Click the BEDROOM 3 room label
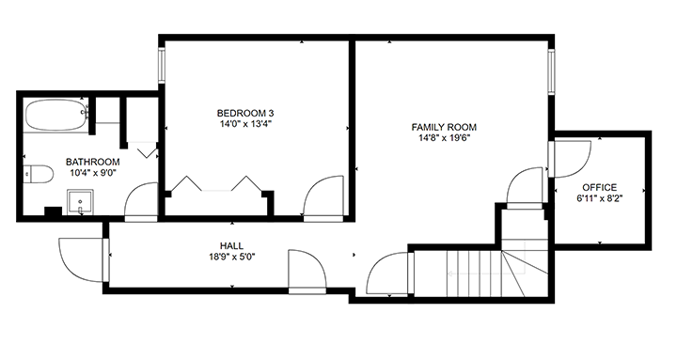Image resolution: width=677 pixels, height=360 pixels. point(244,114)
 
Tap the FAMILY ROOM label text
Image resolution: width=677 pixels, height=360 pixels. point(444,127)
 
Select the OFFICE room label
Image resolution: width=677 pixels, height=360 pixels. point(600,188)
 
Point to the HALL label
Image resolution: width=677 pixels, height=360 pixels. point(231,246)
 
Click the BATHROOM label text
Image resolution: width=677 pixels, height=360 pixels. point(92,163)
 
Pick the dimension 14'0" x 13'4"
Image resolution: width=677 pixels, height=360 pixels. point(244,124)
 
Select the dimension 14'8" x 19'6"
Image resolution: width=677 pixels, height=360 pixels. point(444,138)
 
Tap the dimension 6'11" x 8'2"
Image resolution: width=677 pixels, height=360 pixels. point(600,198)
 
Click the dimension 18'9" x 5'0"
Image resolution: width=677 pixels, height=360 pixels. point(231,258)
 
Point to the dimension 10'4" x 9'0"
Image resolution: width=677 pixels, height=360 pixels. point(92,173)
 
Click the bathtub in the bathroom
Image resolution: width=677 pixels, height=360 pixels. point(56,116)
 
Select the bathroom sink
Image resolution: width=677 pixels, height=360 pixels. point(80,201)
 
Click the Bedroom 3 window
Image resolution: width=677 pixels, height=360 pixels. point(162,66)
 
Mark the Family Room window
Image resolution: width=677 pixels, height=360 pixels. point(551,72)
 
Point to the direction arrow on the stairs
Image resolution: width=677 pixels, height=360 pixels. point(486,274)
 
